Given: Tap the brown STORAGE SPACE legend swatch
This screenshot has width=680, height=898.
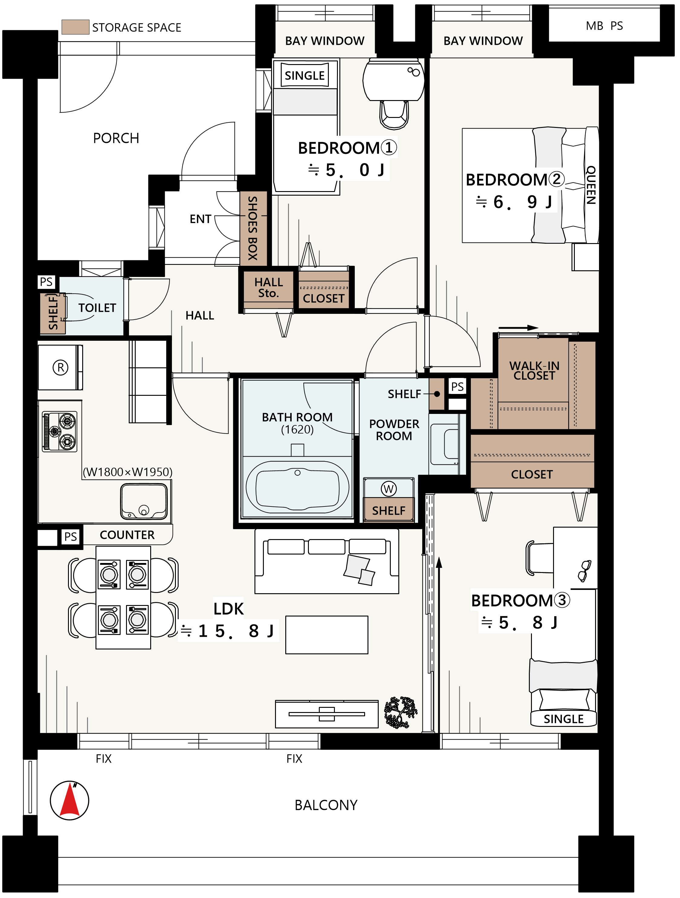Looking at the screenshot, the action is (76, 27).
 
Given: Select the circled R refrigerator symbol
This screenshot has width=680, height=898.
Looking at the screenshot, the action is (60, 368).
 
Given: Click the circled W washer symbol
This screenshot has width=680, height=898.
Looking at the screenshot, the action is (389, 489).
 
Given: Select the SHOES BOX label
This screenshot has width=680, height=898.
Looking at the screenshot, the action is (252, 228).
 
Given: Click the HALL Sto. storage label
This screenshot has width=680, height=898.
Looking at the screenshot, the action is (268, 288).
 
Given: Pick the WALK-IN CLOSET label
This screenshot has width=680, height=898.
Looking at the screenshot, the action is (534, 371).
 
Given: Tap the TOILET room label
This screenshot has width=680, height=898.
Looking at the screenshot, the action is (97, 308).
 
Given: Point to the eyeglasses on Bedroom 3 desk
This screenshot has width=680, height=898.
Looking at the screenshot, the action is (585, 570).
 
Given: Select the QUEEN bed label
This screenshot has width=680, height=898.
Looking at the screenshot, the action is (591, 185).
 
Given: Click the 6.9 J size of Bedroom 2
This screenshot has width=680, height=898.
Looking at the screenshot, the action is (514, 202).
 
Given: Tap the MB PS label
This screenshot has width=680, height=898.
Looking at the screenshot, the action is (604, 26).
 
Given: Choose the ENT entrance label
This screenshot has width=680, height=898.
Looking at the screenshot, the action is (200, 219).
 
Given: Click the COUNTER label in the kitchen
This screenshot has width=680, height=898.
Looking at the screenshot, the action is (127, 535).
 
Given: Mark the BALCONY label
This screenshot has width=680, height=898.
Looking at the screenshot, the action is (326, 805).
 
